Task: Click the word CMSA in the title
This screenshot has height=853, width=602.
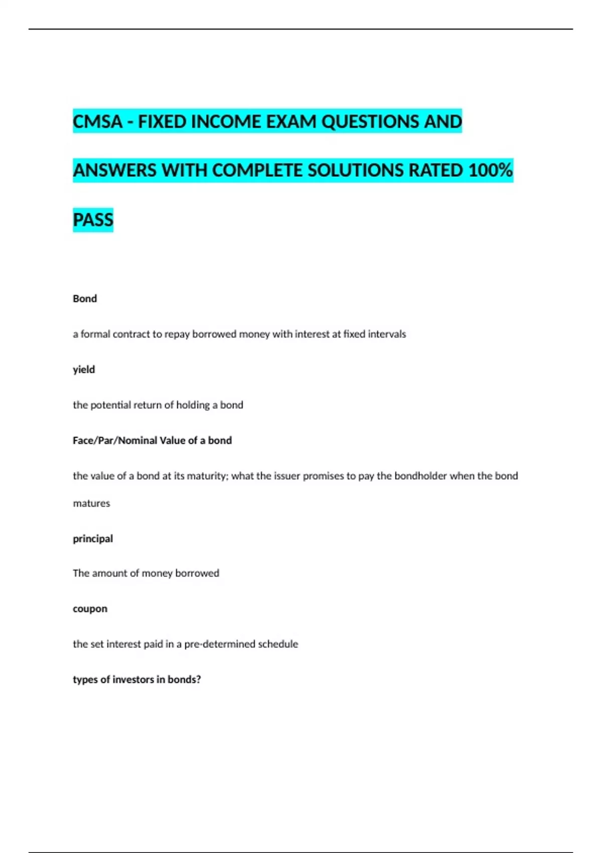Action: tap(97, 122)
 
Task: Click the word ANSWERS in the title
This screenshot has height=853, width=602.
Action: tap(115, 171)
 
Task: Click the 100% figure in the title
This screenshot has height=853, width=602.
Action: tap(490, 171)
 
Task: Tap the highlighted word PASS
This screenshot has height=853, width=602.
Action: tap(93, 220)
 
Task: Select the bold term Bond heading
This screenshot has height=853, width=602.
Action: tap(85, 299)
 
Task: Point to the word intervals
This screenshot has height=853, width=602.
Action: tap(387, 334)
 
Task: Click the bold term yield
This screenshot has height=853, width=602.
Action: tap(84, 370)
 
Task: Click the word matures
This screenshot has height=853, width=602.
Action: tap(91, 503)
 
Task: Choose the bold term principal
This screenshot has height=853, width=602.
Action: tap(93, 539)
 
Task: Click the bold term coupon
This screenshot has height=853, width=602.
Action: tap(90, 609)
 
